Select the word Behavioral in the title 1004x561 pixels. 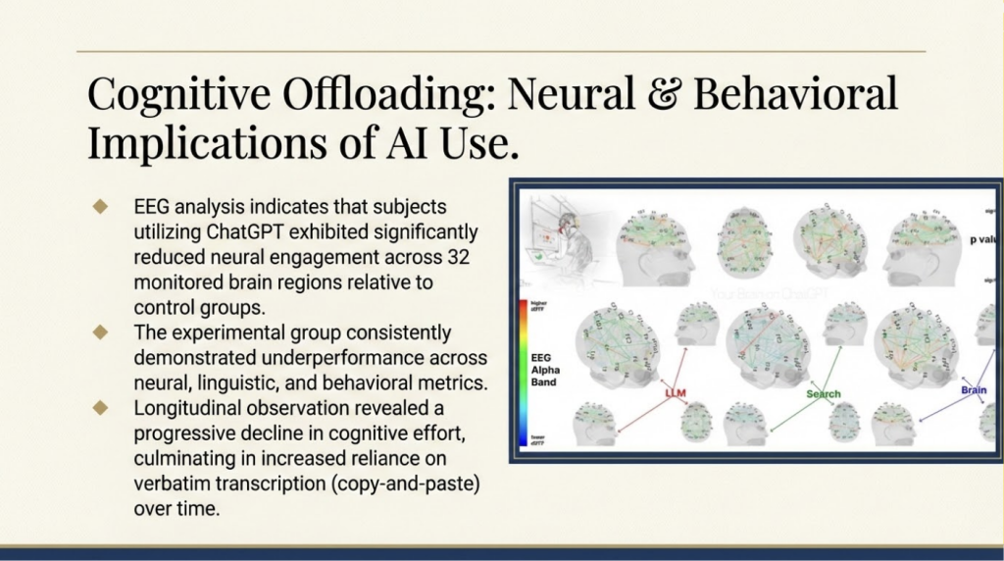(794, 95)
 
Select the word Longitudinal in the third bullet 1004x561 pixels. (184, 407)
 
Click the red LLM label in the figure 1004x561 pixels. (676, 393)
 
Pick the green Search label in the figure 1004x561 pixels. (824, 394)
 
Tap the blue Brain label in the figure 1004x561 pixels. (973, 389)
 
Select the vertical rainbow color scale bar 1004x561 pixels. (519, 371)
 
